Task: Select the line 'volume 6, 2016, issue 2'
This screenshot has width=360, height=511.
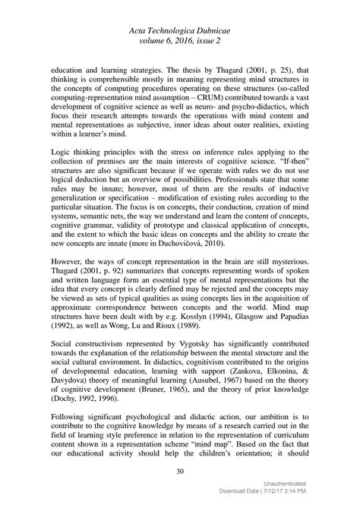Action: coord(179,38)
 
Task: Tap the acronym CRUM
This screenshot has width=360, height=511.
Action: coord(214,99)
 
